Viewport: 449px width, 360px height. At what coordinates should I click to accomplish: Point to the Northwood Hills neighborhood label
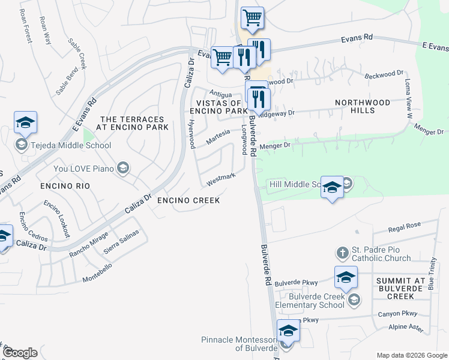362,106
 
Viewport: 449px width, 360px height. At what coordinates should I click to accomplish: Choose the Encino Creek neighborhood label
188,200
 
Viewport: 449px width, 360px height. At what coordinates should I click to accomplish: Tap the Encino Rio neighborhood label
65,187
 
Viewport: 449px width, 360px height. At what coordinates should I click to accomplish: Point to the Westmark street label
220,179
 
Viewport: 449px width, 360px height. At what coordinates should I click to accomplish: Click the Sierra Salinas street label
122,241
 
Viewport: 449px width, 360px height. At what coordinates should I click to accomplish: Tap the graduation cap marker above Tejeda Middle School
26,122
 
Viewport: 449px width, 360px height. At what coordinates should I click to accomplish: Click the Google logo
20,352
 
